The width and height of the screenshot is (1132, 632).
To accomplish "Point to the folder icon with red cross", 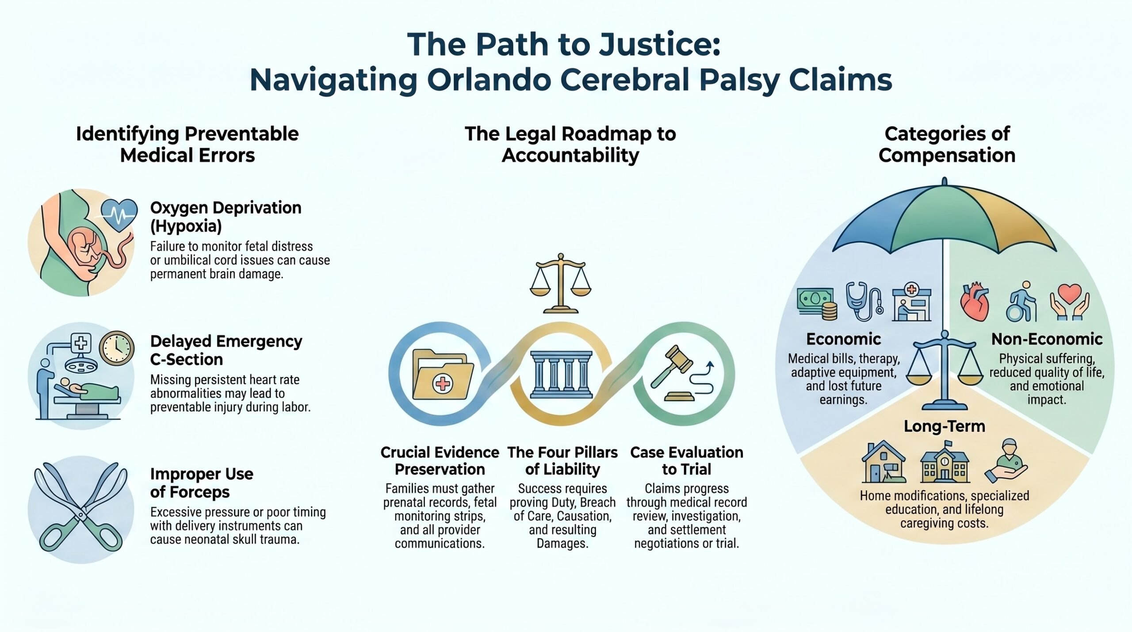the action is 442,375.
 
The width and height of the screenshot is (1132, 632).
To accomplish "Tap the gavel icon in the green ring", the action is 684,374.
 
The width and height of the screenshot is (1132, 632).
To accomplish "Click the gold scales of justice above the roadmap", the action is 561,283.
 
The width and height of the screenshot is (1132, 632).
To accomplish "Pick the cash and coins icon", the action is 816,303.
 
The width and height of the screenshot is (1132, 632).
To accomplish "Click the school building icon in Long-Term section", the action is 945,463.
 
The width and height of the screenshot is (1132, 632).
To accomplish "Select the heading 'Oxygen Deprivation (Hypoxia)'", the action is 226,217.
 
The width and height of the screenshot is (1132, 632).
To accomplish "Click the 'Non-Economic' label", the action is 1047,339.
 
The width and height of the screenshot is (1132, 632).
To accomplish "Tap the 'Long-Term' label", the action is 945,426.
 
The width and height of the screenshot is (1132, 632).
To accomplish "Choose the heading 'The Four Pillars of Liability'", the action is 562,461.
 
